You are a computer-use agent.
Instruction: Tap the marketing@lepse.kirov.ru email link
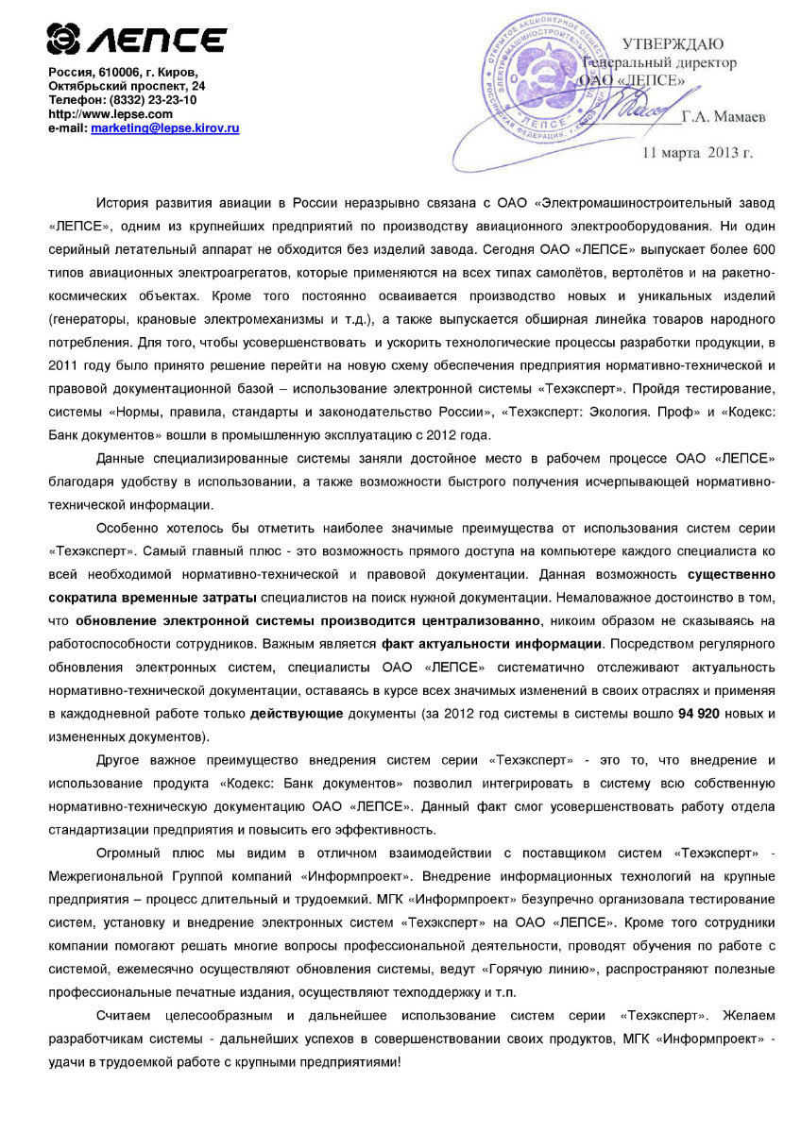coord(164,127)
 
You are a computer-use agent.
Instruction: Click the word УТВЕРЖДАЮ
coord(672,44)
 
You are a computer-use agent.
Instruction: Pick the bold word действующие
coord(297,714)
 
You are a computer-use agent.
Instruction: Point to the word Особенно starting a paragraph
coord(128,527)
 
